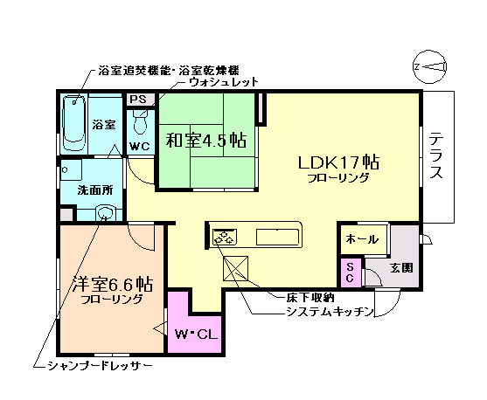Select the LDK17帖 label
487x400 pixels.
click(337, 162)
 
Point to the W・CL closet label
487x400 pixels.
click(195, 334)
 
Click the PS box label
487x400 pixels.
click(138, 100)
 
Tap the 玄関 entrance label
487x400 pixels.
click(401, 267)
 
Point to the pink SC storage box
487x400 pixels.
click(350, 271)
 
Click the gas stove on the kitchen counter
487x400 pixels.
click(225, 236)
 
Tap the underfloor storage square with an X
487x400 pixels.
click(238, 268)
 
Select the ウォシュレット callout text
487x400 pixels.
click(224, 82)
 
